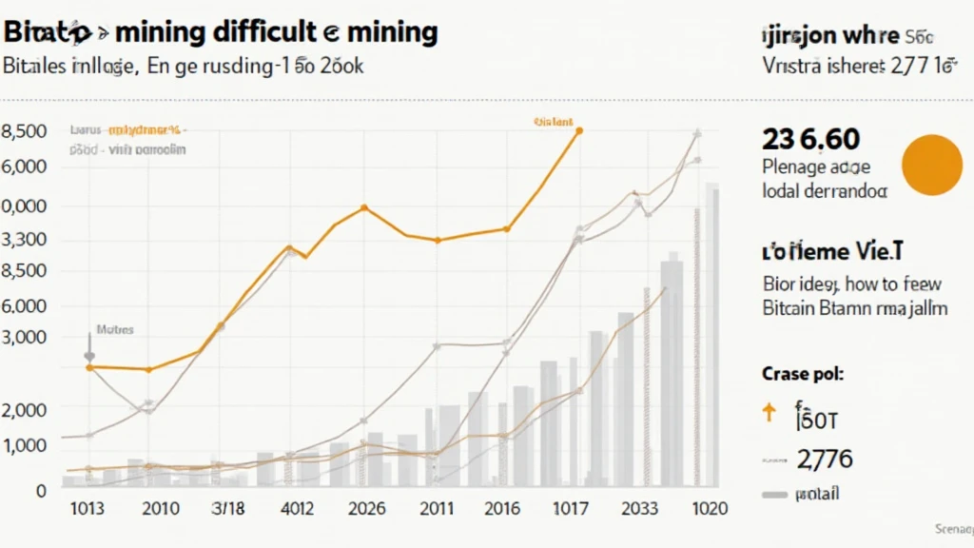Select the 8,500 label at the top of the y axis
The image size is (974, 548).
26,131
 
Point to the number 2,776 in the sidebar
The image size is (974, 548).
825,460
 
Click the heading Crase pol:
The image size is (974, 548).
803,374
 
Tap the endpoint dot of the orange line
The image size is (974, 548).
578,131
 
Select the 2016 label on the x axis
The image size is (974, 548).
502,509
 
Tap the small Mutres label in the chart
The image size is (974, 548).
115,330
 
